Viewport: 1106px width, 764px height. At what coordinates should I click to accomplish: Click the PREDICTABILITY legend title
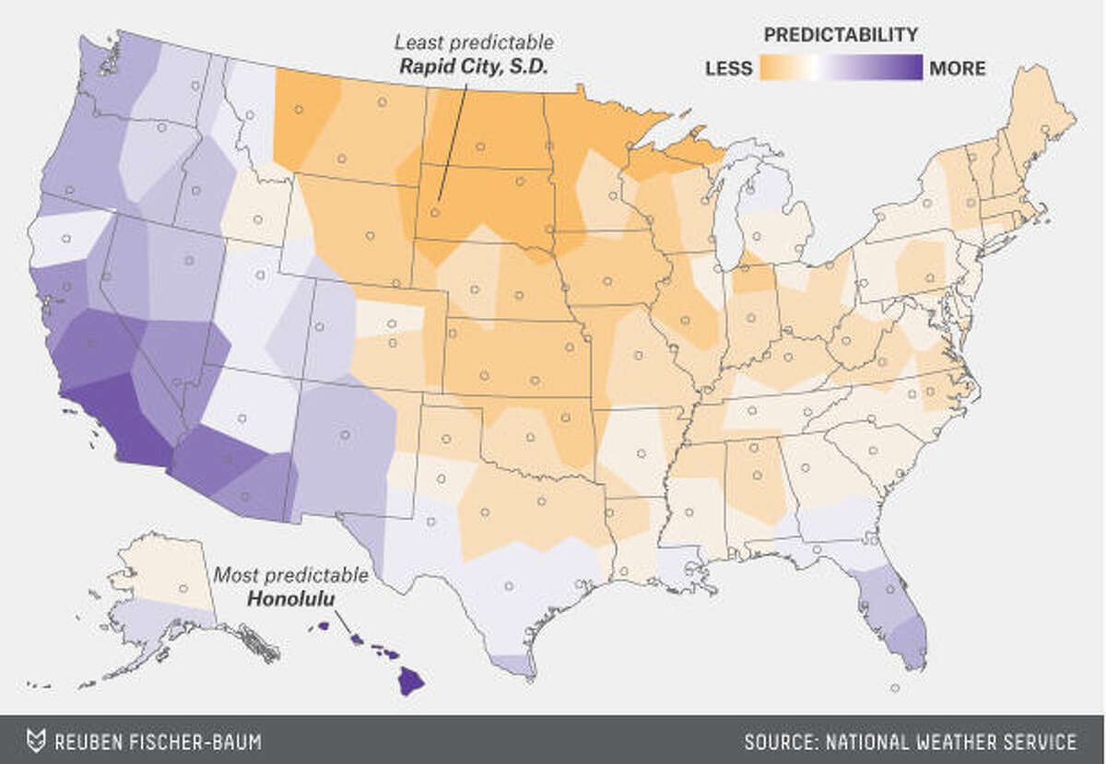[x=841, y=35]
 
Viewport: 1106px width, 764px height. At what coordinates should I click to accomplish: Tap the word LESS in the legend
[x=728, y=68]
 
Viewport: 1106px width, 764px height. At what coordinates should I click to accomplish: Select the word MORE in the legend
[x=958, y=68]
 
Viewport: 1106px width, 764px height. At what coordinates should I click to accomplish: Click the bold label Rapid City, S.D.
[x=466, y=66]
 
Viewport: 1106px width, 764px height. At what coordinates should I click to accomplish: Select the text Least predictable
[x=474, y=42]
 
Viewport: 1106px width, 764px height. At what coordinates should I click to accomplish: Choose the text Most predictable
[x=291, y=576]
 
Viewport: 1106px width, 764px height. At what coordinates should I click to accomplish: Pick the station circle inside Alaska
[x=182, y=588]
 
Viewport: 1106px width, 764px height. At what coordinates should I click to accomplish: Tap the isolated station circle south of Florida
[x=895, y=688]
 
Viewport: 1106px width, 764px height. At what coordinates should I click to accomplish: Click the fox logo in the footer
[x=36, y=741]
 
